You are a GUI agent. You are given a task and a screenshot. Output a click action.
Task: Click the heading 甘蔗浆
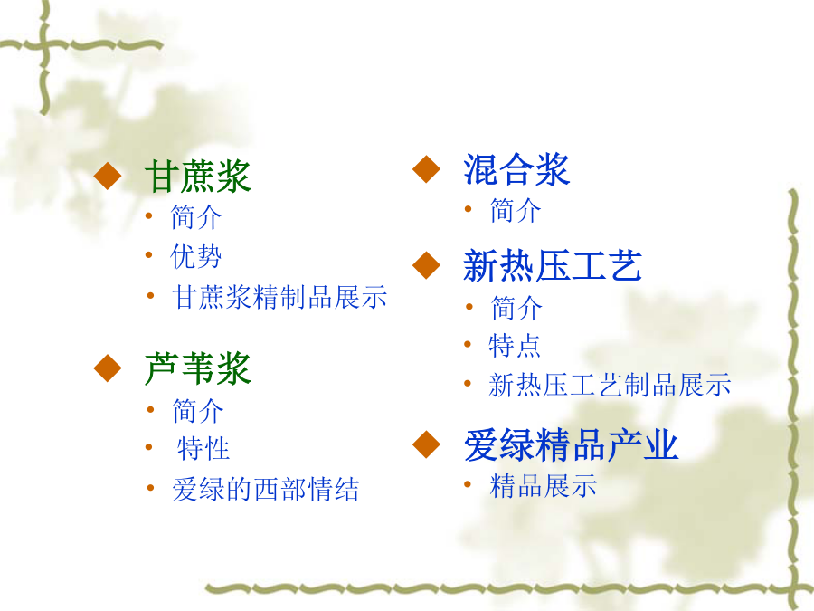pyautogui.click(x=198, y=177)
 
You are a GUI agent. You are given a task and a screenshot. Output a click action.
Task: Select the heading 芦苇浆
pyautogui.click(x=198, y=368)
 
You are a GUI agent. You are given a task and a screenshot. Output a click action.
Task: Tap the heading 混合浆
pyautogui.click(x=516, y=169)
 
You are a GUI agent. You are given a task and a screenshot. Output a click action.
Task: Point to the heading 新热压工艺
pyautogui.click(x=553, y=265)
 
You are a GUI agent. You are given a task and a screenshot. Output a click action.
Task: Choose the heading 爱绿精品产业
pyautogui.click(x=571, y=444)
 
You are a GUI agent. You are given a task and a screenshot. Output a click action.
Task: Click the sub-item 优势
pyautogui.click(x=195, y=256)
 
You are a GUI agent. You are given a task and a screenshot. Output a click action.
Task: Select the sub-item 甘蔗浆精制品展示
pyautogui.click(x=279, y=297)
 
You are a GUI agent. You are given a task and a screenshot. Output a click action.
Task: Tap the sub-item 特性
pyautogui.click(x=203, y=448)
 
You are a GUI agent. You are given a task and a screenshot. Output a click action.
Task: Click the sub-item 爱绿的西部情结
pyautogui.click(x=266, y=489)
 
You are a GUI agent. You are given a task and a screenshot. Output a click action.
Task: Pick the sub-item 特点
pyautogui.click(x=515, y=346)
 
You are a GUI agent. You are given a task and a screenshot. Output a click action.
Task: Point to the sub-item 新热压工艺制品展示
pyautogui.click(x=610, y=385)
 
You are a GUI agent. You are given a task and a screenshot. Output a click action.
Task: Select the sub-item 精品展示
pyautogui.click(x=543, y=485)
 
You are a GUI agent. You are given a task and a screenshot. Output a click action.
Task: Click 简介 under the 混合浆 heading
pyautogui.click(x=516, y=210)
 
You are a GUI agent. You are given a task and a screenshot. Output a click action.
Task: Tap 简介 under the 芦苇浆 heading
pyautogui.click(x=198, y=411)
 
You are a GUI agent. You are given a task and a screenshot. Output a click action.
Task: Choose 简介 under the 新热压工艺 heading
pyautogui.click(x=516, y=308)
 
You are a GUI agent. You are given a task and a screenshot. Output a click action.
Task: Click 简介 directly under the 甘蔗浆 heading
pyautogui.click(x=196, y=216)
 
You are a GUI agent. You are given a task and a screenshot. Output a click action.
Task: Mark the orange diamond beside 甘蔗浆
pyautogui.click(x=108, y=176)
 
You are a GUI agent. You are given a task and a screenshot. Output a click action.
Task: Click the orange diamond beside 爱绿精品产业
pyautogui.click(x=426, y=444)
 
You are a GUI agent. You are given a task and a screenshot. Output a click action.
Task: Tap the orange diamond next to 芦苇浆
pyautogui.click(x=108, y=368)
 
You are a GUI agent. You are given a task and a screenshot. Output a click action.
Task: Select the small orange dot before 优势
pyautogui.click(x=149, y=255)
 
